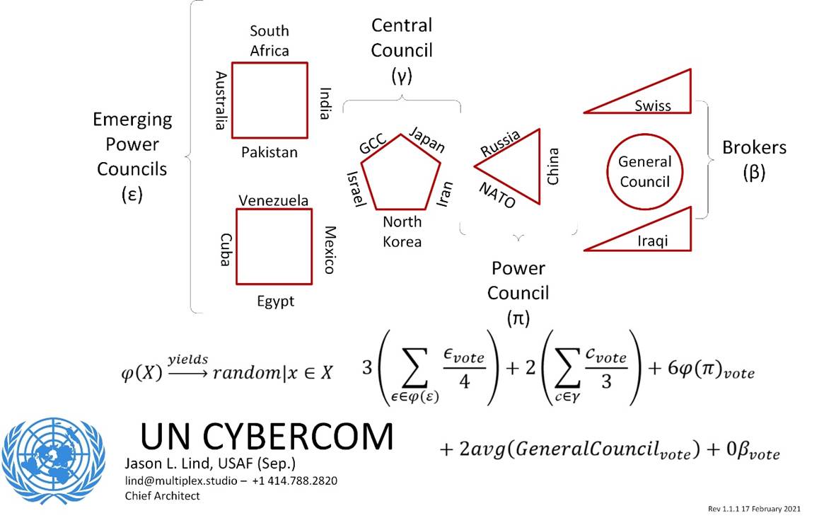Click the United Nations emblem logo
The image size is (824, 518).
point(53,459)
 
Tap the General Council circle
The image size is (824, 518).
point(644,171)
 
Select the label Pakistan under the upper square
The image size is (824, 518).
point(269,152)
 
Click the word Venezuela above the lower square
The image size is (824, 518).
point(273,201)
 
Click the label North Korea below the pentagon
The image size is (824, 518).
point(402,232)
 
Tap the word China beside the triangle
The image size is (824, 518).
point(553,166)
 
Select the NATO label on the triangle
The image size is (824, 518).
point(497,195)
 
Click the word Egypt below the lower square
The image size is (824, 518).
point(275,301)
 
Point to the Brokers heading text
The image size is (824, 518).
point(754,148)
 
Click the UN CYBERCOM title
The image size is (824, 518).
point(267,436)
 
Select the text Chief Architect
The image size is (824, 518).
point(162,495)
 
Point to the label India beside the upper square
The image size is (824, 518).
point(325,103)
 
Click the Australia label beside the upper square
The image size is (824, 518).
point(221,100)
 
